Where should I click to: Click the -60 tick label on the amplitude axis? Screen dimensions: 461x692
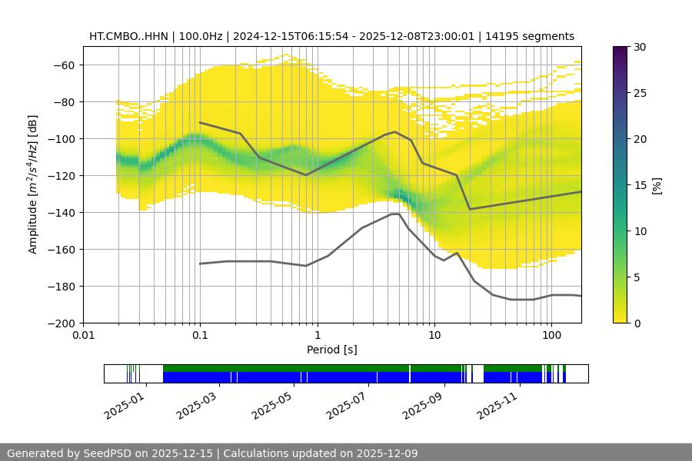(62, 65)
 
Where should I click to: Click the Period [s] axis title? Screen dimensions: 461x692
(331, 350)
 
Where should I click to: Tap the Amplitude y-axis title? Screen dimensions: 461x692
(32, 184)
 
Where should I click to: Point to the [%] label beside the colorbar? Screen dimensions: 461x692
(656, 184)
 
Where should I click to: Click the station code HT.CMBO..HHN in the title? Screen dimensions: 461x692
(128, 36)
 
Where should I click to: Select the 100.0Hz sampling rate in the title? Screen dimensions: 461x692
(201, 36)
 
